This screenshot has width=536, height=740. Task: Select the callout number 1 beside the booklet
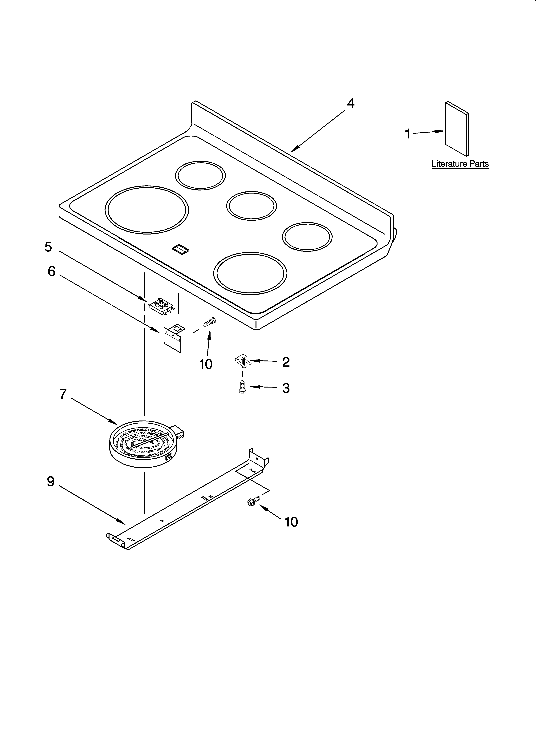click(x=407, y=134)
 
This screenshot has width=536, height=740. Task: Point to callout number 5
click(x=48, y=247)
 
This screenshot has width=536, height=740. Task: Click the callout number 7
click(x=63, y=394)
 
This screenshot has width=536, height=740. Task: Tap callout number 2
click(x=286, y=362)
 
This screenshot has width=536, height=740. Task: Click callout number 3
click(x=286, y=388)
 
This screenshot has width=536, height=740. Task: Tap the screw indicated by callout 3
click(x=242, y=387)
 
